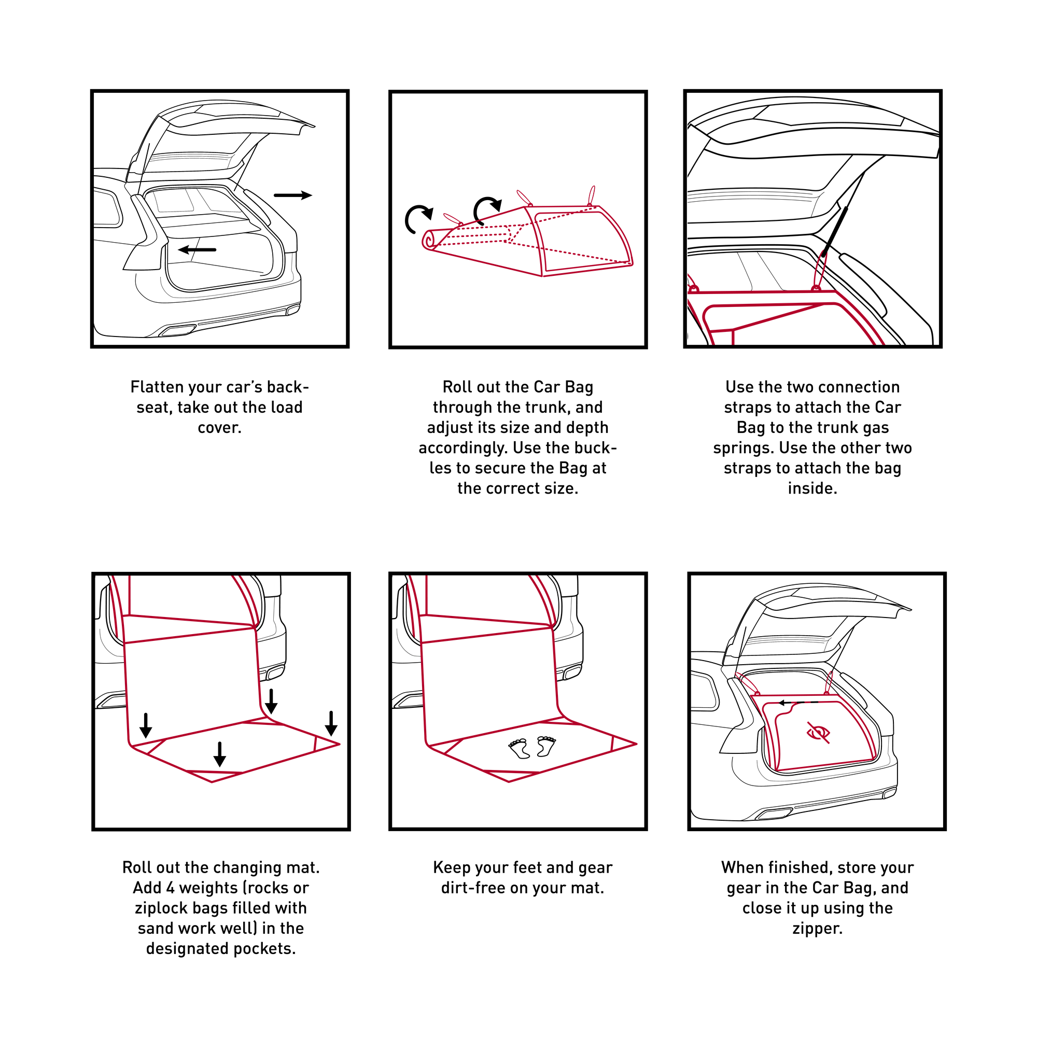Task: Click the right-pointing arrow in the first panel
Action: pyautogui.click(x=293, y=195)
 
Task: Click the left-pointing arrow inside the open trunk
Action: pyautogui.click(x=197, y=249)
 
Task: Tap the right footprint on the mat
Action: pyautogui.click(x=546, y=746)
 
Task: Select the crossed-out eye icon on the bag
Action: pyautogui.click(x=819, y=732)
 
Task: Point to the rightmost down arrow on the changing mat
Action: pyautogui.click(x=331, y=723)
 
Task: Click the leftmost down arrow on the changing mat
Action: pyautogui.click(x=146, y=725)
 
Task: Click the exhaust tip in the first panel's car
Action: pyautogui.click(x=178, y=331)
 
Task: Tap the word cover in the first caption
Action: pyautogui.click(x=219, y=428)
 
